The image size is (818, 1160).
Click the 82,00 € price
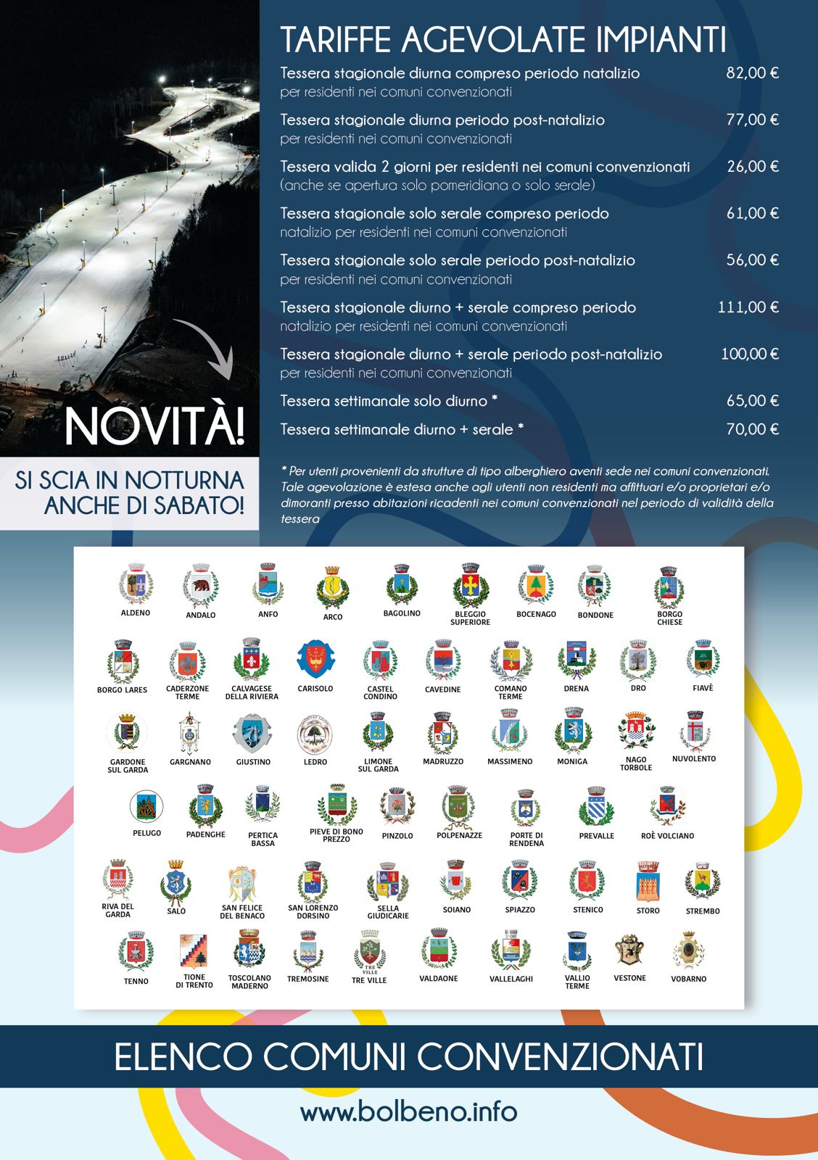coord(752,73)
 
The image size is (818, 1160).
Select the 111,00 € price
coord(748,307)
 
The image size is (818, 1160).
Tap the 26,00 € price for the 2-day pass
coord(753,167)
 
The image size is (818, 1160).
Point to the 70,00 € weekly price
coord(753,429)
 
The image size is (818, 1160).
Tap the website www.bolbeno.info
coord(408,1111)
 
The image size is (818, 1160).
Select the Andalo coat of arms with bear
coord(200,586)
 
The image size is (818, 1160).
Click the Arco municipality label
coord(333,617)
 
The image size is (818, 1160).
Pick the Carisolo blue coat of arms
coord(315,660)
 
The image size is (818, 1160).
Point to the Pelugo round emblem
coord(146,806)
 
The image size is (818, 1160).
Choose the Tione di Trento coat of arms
coord(194,951)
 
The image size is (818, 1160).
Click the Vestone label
coord(629,978)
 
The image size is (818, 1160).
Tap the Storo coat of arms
coord(648,881)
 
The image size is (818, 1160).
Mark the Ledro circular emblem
coord(315,734)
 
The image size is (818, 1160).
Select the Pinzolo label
coord(397,836)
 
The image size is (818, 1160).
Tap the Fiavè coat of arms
coord(702,659)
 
